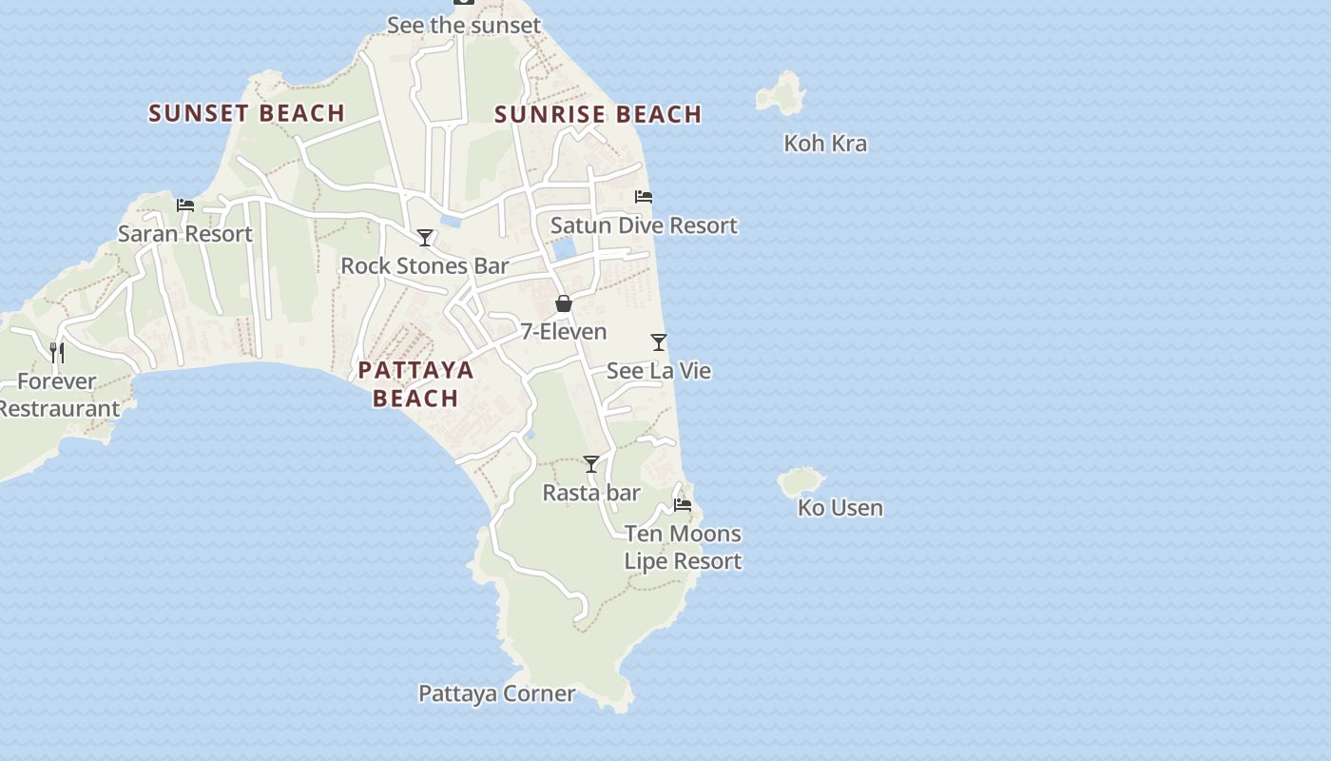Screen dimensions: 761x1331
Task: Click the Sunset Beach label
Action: point(246,113)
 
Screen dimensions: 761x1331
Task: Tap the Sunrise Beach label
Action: point(598,114)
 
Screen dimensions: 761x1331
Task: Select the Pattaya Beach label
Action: point(415,383)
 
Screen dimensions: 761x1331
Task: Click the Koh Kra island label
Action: point(824,144)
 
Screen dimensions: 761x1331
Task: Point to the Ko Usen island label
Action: point(839,508)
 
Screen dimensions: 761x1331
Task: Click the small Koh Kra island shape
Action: point(781,93)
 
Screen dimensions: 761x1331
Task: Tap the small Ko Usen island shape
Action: point(801,481)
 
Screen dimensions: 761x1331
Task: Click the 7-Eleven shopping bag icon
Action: point(564,303)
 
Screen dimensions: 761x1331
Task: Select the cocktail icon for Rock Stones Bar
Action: point(425,238)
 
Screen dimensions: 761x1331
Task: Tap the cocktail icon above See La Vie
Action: point(659,342)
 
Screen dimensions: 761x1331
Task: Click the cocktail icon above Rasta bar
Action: point(591,464)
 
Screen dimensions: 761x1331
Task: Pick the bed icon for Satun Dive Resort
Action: point(644,197)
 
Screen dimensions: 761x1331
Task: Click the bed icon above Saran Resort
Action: point(185,205)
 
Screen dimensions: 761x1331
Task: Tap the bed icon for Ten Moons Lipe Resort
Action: point(683,505)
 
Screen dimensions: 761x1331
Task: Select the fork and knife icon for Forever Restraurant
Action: point(57,353)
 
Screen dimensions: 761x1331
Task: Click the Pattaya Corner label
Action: point(496,693)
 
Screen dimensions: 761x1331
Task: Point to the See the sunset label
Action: point(464,26)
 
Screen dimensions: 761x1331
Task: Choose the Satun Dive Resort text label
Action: point(644,225)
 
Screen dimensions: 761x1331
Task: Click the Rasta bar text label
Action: point(591,493)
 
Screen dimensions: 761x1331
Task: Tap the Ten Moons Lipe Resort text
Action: point(683,547)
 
